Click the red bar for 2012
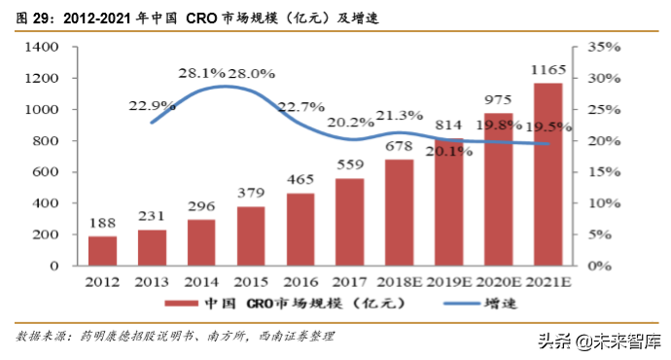pyautogui.click(x=102, y=250)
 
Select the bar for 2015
pyautogui.click(x=251, y=235)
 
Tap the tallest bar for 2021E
pyautogui.click(x=548, y=174)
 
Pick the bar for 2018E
pyautogui.click(x=400, y=212)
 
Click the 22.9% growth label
pyautogui.click(x=150, y=105)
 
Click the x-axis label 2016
pyautogui.click(x=300, y=282)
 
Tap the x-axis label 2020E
pyautogui.click(x=499, y=282)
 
